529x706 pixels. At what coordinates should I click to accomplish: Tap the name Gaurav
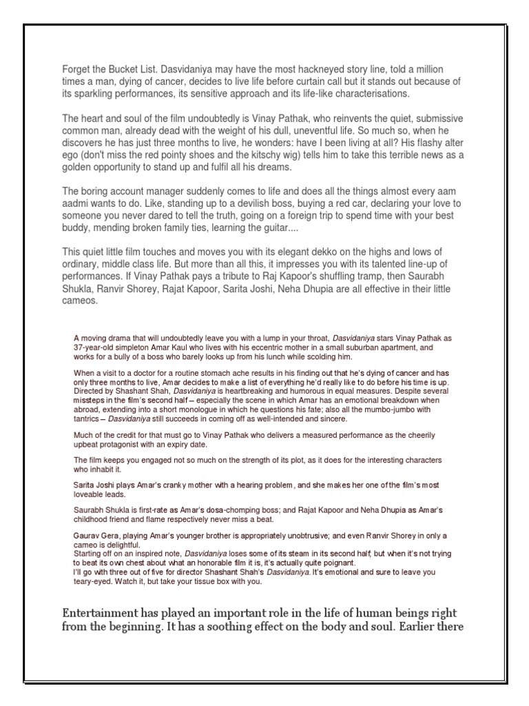[x=85, y=535]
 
